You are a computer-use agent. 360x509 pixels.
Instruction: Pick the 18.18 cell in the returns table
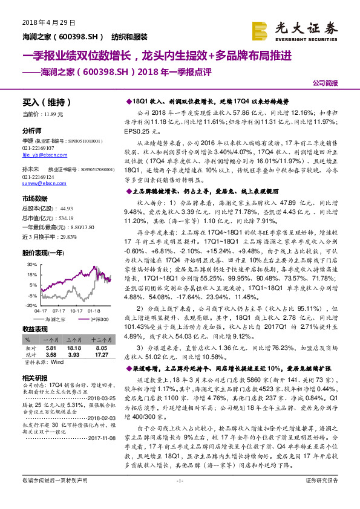pyautogui.click(x=75, y=349)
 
